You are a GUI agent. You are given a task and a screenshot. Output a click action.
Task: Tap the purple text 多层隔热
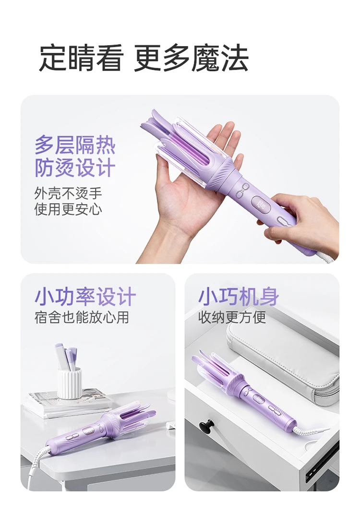tap(75, 145)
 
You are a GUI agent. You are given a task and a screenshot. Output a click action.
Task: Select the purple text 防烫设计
tap(75, 168)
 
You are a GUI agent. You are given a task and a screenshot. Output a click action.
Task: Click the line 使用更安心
tap(68, 209)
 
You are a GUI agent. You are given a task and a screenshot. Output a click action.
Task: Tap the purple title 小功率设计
tap(85, 297)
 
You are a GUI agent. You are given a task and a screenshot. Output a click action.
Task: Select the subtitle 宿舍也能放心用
tap(82, 317)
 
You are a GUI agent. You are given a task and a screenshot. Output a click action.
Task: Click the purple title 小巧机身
tap(239, 297)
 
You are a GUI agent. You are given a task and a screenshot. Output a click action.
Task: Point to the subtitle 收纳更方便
tap(232, 317)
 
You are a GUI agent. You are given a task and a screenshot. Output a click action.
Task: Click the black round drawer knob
tap(207, 425)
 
